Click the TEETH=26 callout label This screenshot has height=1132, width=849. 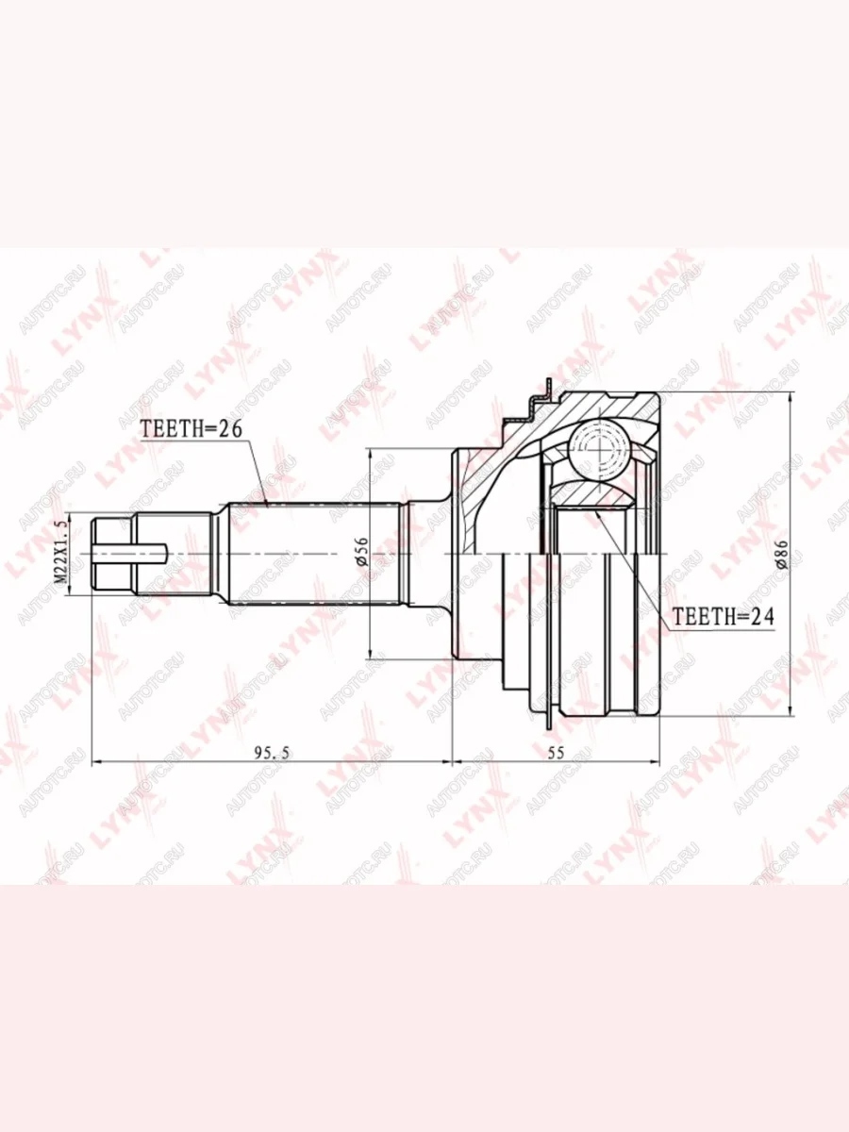point(191,429)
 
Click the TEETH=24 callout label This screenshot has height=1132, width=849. point(724,616)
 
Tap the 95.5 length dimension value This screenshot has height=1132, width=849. point(273,754)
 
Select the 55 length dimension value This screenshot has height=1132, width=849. point(556,753)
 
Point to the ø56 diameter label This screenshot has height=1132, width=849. point(362,552)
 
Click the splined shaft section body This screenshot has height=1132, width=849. point(314,554)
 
